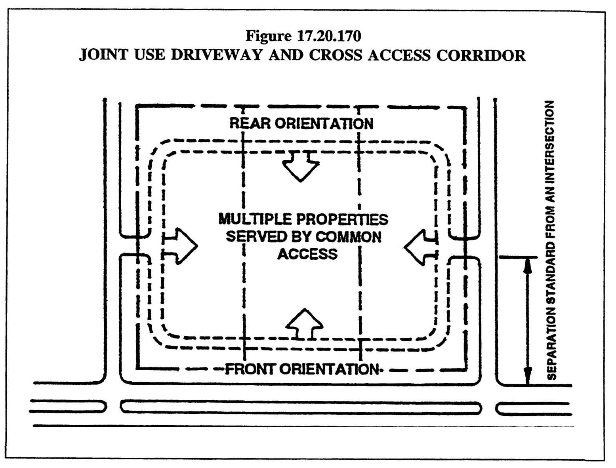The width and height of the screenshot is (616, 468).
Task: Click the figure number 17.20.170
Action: (x=328, y=36)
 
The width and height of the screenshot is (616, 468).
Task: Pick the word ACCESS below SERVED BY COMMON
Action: (x=307, y=254)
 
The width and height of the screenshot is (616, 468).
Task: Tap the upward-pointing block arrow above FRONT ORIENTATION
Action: (x=304, y=324)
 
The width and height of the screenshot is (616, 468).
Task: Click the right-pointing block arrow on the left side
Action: (x=180, y=245)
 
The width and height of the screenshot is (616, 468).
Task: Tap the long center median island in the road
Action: (x=301, y=407)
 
